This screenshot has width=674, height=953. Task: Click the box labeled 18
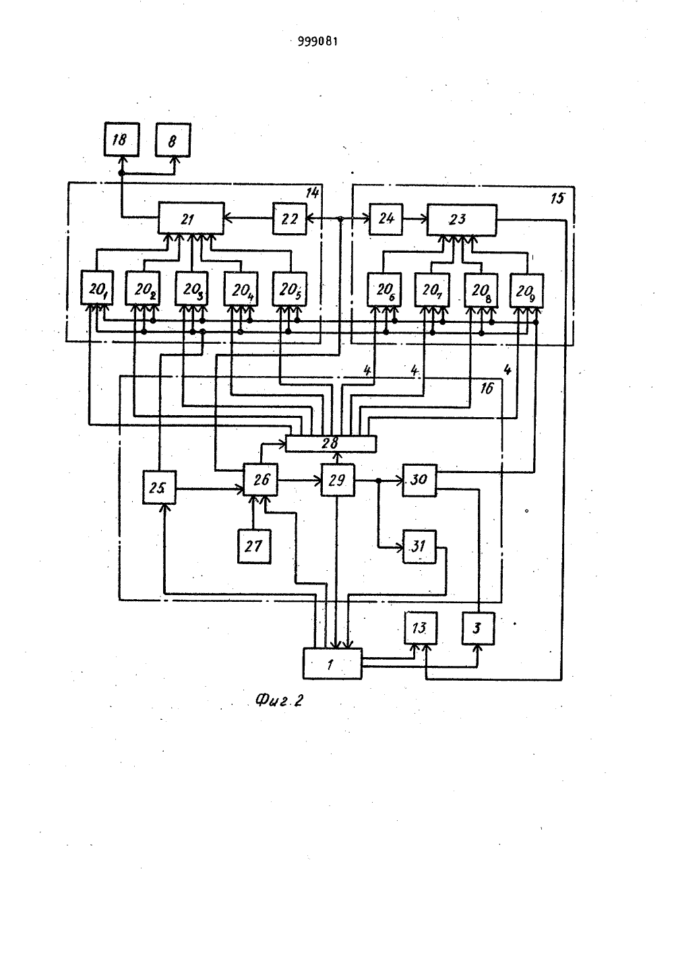pos(122,140)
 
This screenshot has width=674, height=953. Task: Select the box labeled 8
pos(173,140)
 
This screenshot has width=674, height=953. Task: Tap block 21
pos(191,218)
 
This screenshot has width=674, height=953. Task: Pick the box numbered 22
pos(289,218)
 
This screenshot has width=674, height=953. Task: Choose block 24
pos(386,219)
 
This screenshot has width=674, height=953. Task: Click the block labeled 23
pos(462,220)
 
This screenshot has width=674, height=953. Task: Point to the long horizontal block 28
pos(331,443)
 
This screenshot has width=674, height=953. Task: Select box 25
pos(159,487)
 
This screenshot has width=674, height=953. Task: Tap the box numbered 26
pos(260,480)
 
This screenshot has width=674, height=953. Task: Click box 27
pos(254,547)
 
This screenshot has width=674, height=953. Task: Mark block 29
pos(338,481)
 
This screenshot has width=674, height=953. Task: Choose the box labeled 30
pos(419,481)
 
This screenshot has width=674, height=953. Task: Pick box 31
pos(419,547)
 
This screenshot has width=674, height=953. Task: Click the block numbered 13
pos(421,628)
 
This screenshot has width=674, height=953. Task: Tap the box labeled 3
pos(479,628)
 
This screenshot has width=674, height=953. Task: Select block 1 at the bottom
pos(332,664)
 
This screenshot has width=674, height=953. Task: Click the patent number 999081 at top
pos(317,41)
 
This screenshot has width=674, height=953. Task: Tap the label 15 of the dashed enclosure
pos(557,198)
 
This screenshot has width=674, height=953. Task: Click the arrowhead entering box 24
pos(366,218)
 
